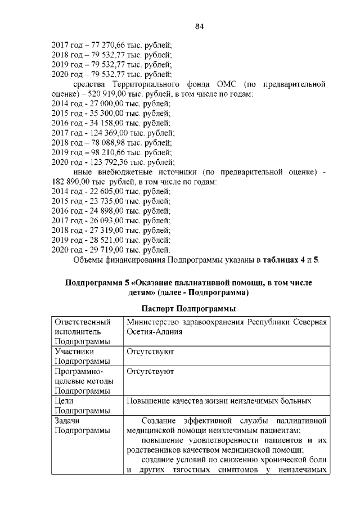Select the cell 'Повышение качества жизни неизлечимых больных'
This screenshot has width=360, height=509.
tap(219, 402)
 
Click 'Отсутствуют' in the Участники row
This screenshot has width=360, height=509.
tap(150, 352)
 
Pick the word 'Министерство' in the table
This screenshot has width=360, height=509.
tap(152, 321)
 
